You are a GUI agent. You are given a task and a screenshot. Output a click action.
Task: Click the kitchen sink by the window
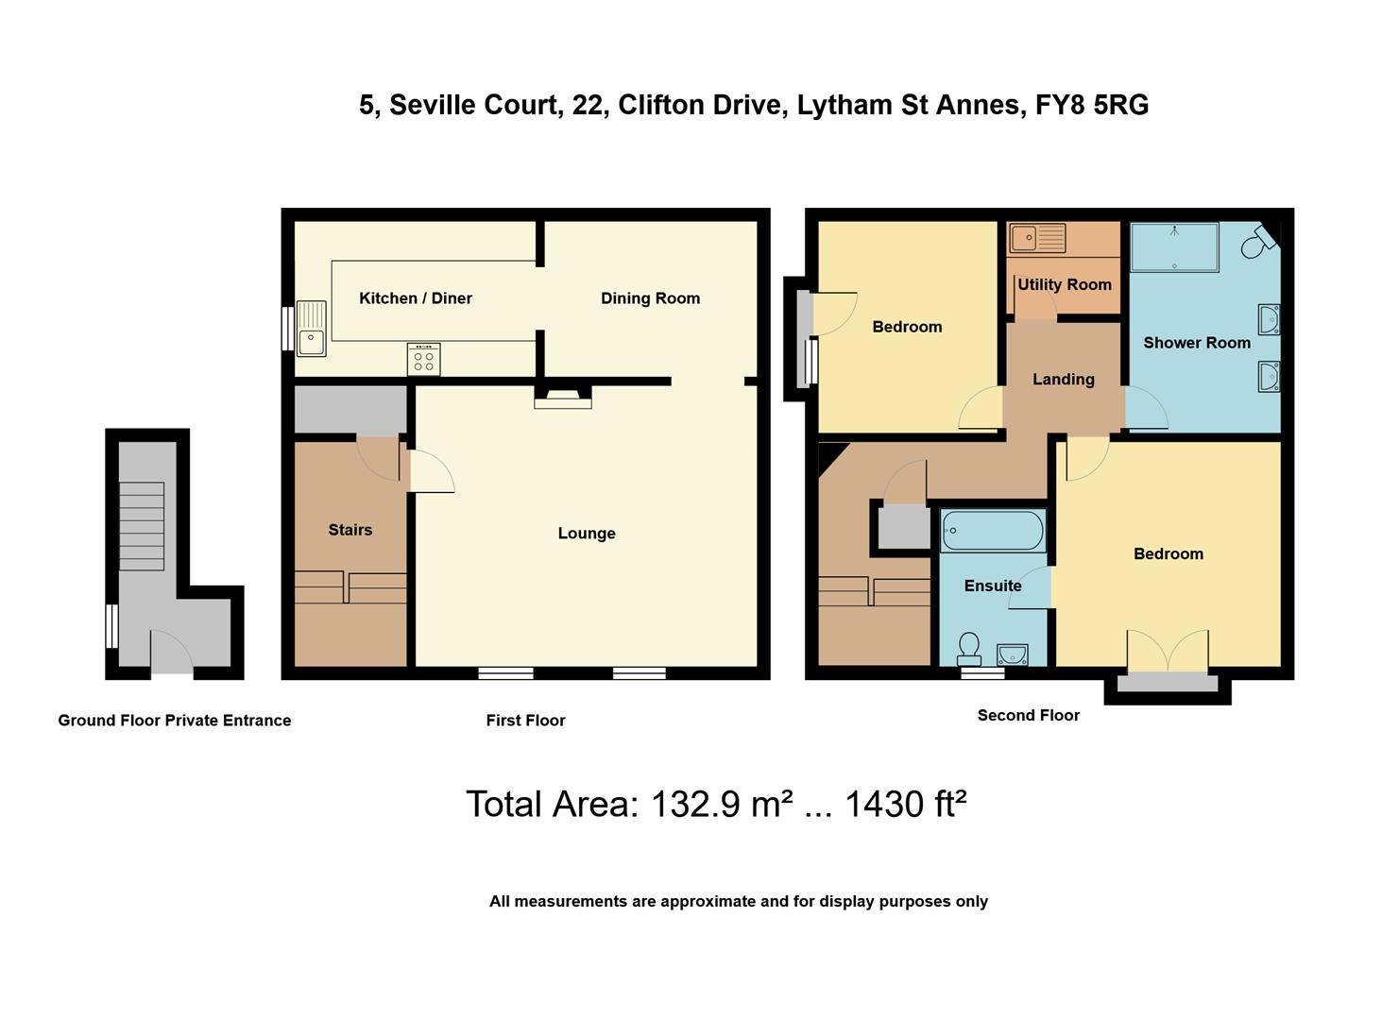[311, 329]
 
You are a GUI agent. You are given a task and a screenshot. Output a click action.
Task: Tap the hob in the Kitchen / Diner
[423, 359]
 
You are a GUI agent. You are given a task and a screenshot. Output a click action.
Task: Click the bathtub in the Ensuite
[992, 531]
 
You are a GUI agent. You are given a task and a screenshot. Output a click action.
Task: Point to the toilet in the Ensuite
[968, 648]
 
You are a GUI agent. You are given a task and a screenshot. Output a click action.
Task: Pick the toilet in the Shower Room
[1257, 244]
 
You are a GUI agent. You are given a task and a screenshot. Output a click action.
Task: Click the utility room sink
[1036, 237]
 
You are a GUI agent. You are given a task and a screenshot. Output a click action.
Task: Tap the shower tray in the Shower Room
[1174, 246]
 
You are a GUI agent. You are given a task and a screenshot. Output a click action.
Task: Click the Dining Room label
[650, 298]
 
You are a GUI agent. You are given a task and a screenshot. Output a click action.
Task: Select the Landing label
[1063, 380]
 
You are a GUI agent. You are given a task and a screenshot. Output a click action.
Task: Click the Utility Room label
[1064, 284]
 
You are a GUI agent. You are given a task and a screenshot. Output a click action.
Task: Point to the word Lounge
[586, 534]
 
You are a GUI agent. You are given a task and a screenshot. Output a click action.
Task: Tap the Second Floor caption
[1028, 716]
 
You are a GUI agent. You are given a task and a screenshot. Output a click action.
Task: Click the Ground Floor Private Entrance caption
[174, 721]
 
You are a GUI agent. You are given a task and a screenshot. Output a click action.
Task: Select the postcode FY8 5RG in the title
[1092, 105]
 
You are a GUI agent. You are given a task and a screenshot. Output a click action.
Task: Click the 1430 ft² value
[904, 805]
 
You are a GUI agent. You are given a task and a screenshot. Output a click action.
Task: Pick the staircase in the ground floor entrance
[141, 526]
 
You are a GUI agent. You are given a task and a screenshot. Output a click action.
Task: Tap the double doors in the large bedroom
[1168, 652]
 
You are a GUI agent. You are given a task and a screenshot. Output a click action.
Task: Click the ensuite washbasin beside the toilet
[1012, 654]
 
